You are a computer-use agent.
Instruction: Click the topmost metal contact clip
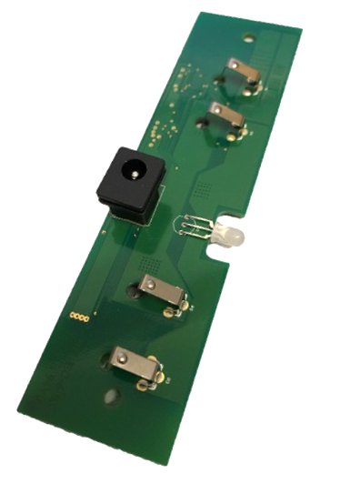242,75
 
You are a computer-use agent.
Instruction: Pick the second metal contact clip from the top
225,117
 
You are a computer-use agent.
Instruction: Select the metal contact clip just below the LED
165,291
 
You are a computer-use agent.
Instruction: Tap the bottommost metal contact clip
133,364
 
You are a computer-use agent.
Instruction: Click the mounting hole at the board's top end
247,39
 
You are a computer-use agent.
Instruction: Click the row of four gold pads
81,318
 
